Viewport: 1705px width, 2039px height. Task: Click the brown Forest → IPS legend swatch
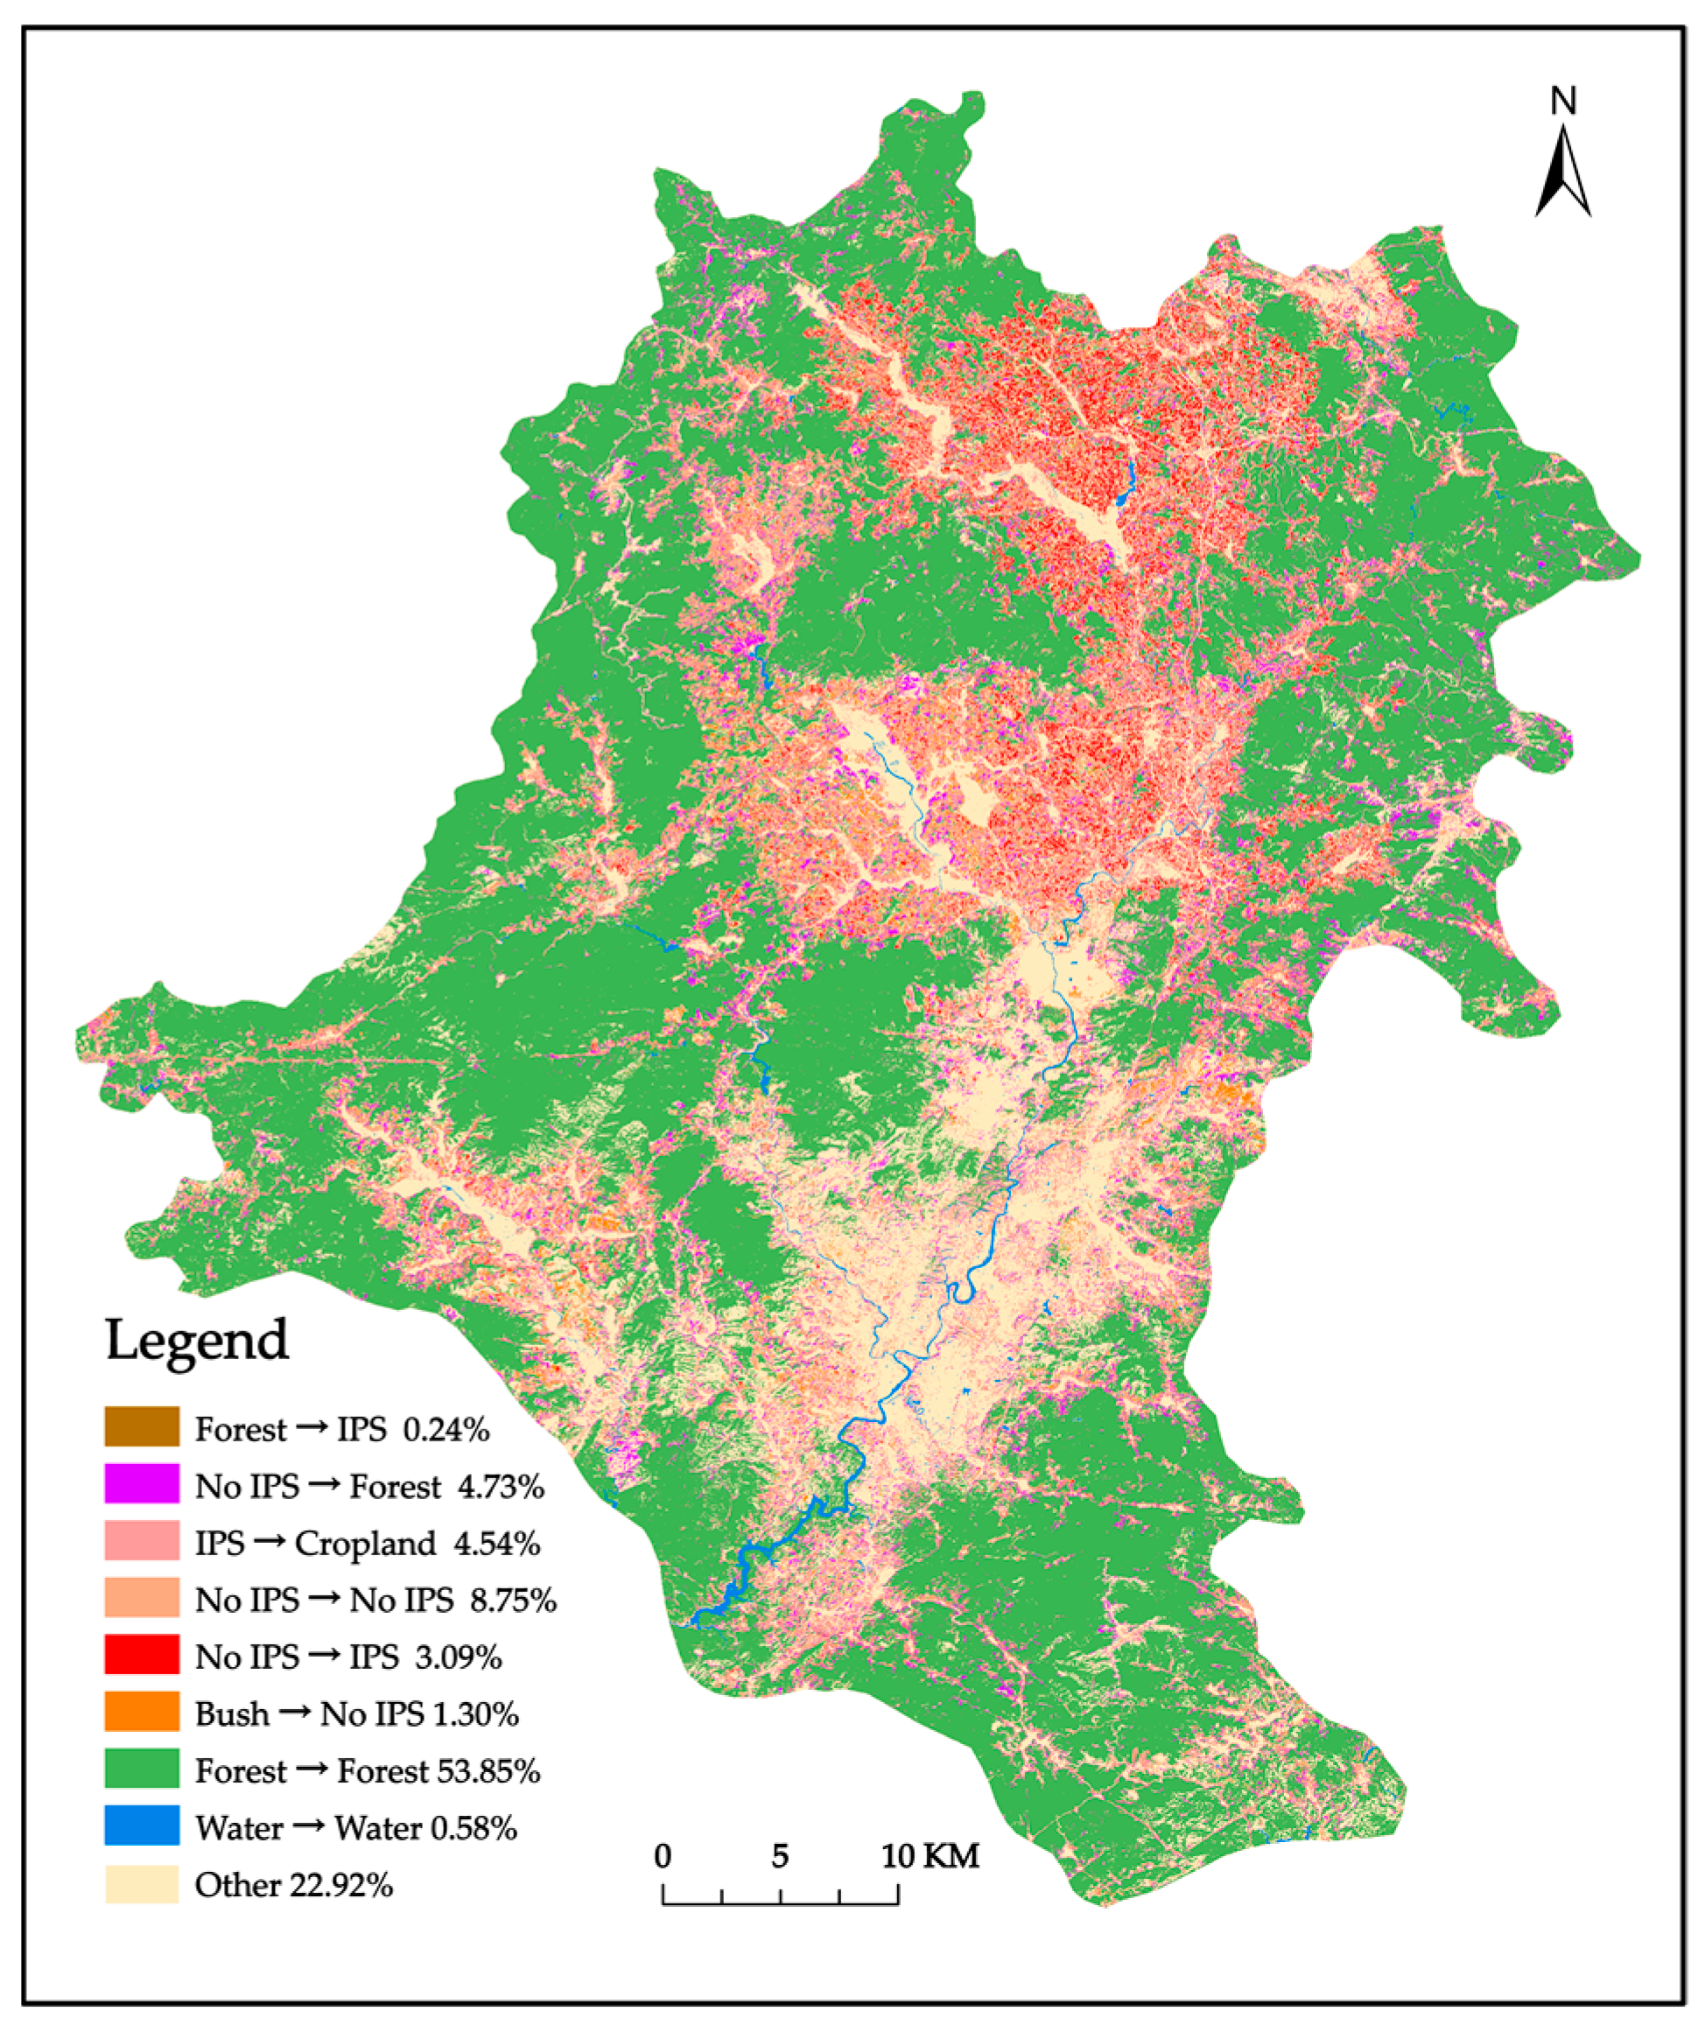point(142,1426)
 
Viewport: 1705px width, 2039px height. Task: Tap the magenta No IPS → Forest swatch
point(142,1483)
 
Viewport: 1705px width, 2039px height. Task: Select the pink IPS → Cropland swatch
point(142,1541)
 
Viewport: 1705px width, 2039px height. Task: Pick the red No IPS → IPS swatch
point(142,1655)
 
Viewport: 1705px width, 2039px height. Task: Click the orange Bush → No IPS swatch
point(142,1712)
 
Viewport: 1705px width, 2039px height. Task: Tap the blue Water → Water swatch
point(142,1825)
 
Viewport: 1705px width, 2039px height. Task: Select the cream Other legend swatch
point(142,1882)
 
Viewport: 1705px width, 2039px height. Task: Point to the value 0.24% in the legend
point(446,1428)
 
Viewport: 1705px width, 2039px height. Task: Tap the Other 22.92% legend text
point(293,1883)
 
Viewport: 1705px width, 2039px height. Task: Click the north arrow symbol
point(1562,175)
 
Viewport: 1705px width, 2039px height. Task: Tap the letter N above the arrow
point(1562,101)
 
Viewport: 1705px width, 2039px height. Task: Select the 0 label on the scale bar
point(663,1855)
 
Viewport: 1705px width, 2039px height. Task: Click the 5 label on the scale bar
point(780,1855)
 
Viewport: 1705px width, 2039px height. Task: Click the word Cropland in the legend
point(365,1543)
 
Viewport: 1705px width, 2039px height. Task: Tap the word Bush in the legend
point(231,1713)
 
